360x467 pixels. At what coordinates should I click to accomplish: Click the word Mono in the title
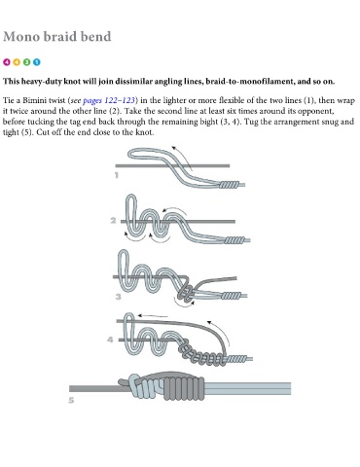click(21, 36)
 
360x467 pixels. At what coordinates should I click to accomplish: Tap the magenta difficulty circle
click(7, 62)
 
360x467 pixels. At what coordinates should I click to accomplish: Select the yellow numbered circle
click(17, 62)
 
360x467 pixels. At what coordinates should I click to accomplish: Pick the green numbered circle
click(26, 62)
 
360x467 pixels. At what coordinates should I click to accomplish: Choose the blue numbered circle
click(37, 62)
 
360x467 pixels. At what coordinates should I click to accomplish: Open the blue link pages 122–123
click(109, 100)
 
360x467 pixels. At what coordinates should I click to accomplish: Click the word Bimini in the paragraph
click(33, 100)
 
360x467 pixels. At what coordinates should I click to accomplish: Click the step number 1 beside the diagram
click(117, 175)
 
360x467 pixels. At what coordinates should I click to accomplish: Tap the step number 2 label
click(113, 221)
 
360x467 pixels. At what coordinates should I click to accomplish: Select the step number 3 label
click(119, 297)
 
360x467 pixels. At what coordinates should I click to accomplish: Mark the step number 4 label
click(110, 340)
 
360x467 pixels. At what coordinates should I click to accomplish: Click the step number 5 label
click(71, 400)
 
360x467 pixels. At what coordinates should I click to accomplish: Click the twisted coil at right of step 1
click(229, 185)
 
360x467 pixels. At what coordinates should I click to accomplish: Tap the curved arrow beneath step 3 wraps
click(183, 304)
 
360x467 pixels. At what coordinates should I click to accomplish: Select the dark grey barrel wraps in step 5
click(184, 388)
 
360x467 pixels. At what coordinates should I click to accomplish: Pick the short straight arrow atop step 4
click(153, 315)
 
